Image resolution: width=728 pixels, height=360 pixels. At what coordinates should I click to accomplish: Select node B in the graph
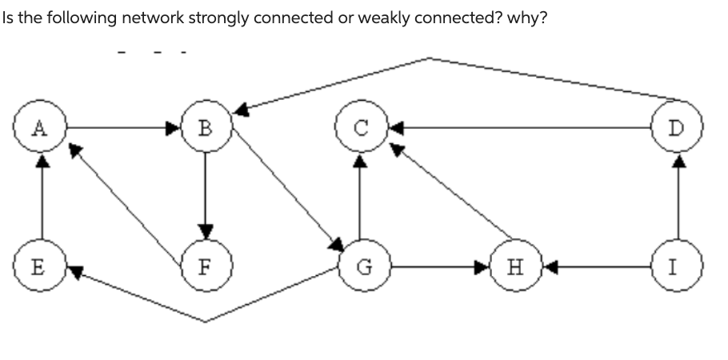click(x=206, y=126)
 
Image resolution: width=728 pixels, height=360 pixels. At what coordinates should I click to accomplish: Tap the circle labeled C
click(x=360, y=126)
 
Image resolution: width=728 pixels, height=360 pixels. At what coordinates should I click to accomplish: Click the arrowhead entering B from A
click(x=174, y=126)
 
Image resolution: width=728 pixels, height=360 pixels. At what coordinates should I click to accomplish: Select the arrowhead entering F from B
click(x=206, y=231)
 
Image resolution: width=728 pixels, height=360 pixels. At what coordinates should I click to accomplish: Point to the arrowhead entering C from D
click(x=395, y=126)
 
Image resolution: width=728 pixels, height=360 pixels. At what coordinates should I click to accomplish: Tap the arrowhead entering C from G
click(x=360, y=161)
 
